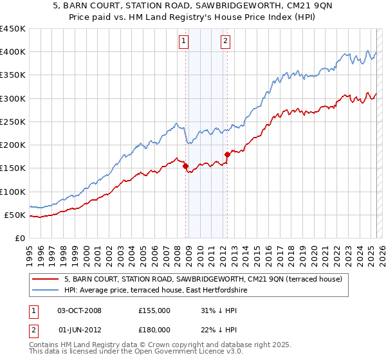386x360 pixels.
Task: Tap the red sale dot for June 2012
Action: (x=227, y=154)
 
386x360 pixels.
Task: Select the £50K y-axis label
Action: (x=15, y=215)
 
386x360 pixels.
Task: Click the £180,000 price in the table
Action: (x=154, y=330)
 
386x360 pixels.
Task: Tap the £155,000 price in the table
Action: (x=154, y=310)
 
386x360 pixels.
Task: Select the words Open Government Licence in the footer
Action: (x=174, y=352)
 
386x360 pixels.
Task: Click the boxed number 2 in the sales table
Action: (x=32, y=330)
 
